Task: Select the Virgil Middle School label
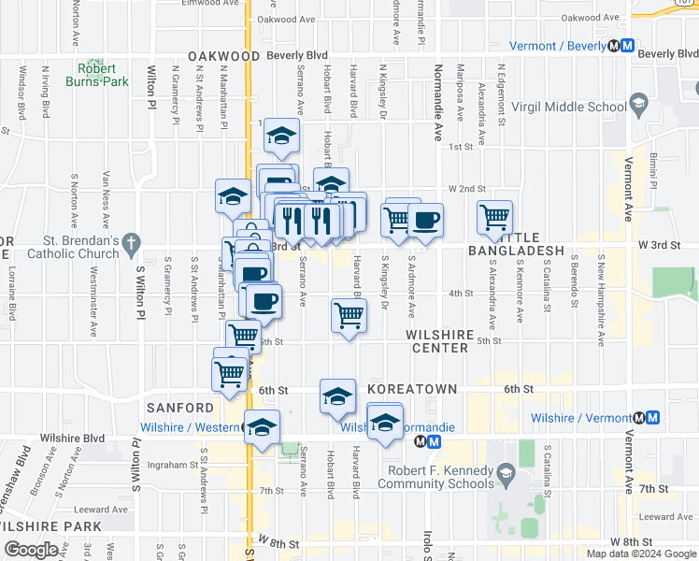(x=580, y=107)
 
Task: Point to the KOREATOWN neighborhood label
(x=412, y=389)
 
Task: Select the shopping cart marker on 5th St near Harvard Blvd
(x=349, y=316)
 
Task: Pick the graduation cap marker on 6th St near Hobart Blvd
(x=337, y=396)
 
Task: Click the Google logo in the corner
(x=30, y=550)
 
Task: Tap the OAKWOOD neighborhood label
(x=223, y=56)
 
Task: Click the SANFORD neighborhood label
(x=180, y=408)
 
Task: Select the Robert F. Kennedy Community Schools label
(x=435, y=477)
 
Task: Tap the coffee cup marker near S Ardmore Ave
(x=425, y=220)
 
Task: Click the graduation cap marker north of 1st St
(x=280, y=136)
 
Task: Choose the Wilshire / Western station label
(x=190, y=428)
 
